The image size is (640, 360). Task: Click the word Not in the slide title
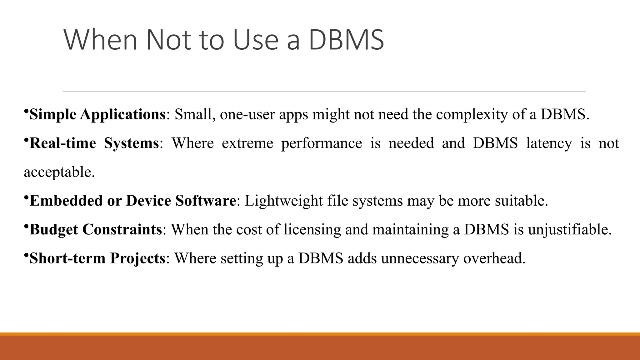169,40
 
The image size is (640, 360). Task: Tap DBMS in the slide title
346,40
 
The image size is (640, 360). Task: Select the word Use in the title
256,40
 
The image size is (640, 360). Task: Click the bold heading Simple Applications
97,114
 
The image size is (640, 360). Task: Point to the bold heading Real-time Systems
94,143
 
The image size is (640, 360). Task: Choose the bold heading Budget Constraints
96,229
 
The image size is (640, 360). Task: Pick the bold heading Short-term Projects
97,258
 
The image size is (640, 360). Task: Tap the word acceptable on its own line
59,172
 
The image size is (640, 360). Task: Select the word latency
549,143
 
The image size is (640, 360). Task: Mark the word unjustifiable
570,229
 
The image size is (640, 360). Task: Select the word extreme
247,143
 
